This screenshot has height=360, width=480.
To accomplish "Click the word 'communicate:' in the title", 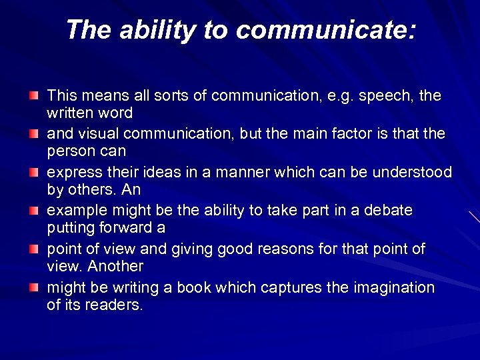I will point(325,30).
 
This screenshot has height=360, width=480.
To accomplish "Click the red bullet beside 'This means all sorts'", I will point(34,96).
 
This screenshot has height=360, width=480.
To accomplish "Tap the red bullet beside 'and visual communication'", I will point(34,135).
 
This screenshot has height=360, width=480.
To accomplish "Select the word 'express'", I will point(70,173).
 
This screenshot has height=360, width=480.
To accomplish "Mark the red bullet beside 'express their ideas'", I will point(34,173).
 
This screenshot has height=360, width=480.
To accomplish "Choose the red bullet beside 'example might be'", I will point(34,211).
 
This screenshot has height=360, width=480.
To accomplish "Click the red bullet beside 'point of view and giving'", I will point(34,250).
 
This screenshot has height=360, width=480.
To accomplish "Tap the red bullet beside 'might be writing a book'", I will point(34,289).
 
